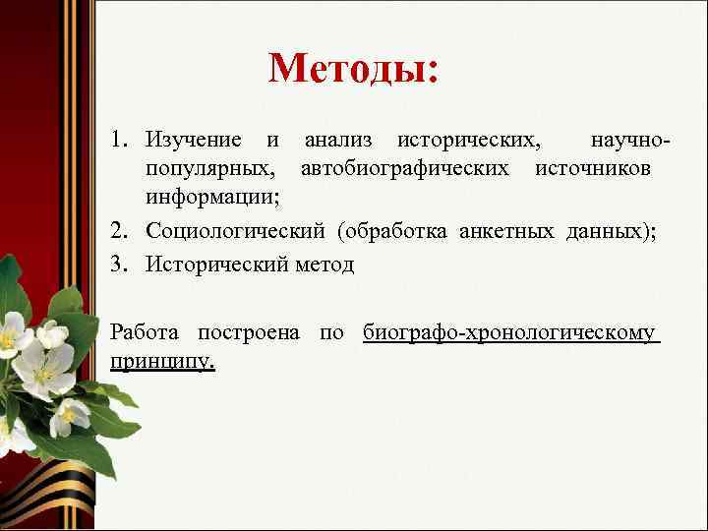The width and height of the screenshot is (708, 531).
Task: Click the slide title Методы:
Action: [353, 69]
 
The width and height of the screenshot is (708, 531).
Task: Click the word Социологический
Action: [235, 230]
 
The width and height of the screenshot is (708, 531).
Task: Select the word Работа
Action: [147, 332]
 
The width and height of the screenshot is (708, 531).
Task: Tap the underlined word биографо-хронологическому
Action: [509, 333]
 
